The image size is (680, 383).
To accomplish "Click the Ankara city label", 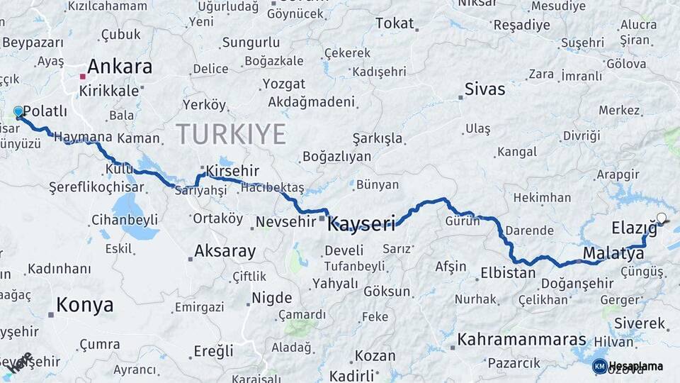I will tap(120, 67).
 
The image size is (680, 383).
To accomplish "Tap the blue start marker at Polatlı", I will tap(18, 112).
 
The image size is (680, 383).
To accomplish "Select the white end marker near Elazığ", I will tap(662, 218).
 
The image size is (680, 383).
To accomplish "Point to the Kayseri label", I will tap(361, 225).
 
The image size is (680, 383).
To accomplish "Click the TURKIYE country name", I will tap(231, 134).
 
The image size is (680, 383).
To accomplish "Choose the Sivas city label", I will tap(485, 89).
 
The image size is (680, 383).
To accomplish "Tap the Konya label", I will tap(84, 305).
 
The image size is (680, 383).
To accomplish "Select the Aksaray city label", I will tap(225, 250).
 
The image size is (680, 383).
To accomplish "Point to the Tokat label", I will tap(395, 23).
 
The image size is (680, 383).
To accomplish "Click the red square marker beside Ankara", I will tap(83, 76).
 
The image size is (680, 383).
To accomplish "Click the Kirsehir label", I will tap(232, 172).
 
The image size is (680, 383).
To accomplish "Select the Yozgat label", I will tap(284, 84).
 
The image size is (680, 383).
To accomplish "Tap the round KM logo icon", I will tap(599, 366).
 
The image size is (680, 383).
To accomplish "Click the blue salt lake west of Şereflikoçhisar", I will tap(127, 208).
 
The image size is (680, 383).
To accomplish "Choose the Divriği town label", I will tap(582, 135).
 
